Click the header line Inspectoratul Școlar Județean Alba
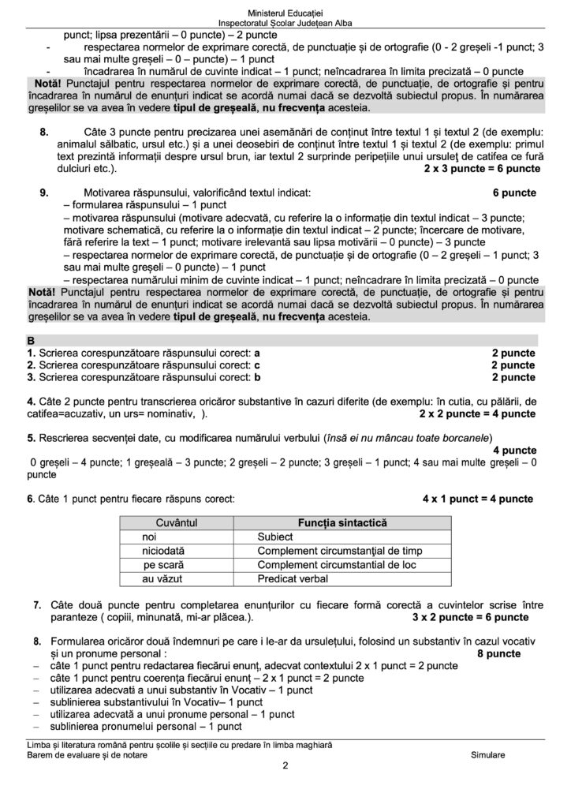pos(285,26)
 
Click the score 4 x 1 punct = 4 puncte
pos(478,499)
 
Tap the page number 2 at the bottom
pos(285,765)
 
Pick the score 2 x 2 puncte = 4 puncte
pos(477,413)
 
